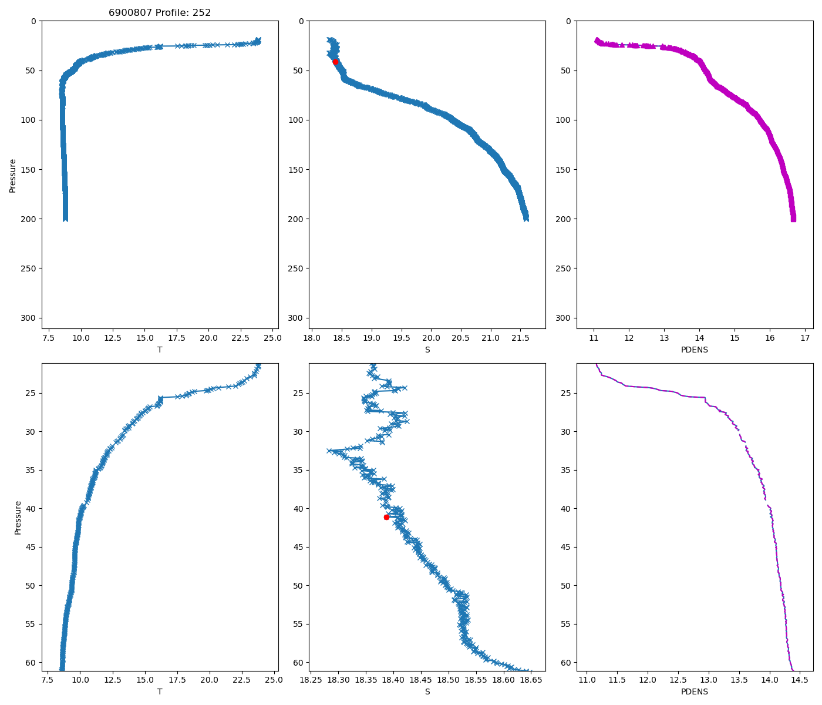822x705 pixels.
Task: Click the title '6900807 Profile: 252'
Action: [x=160, y=12]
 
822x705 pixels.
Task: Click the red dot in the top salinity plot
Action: [x=335, y=62]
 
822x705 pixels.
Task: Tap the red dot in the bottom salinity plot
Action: [x=386, y=517]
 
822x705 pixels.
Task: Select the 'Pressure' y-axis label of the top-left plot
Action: [x=13, y=175]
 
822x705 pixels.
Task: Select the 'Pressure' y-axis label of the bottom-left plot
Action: [x=18, y=518]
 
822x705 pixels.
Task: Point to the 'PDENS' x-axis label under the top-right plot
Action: [x=695, y=350]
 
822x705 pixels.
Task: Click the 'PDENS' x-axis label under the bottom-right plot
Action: [x=695, y=691]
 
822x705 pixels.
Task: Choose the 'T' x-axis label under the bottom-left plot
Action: [x=160, y=691]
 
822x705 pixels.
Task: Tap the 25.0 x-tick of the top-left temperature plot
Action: [x=272, y=338]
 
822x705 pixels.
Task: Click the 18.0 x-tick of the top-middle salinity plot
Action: [x=312, y=338]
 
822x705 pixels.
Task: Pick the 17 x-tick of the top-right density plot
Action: [x=805, y=338]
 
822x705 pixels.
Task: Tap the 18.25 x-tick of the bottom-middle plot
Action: [x=311, y=680]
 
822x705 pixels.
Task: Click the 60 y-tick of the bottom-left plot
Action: [x=32, y=663]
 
